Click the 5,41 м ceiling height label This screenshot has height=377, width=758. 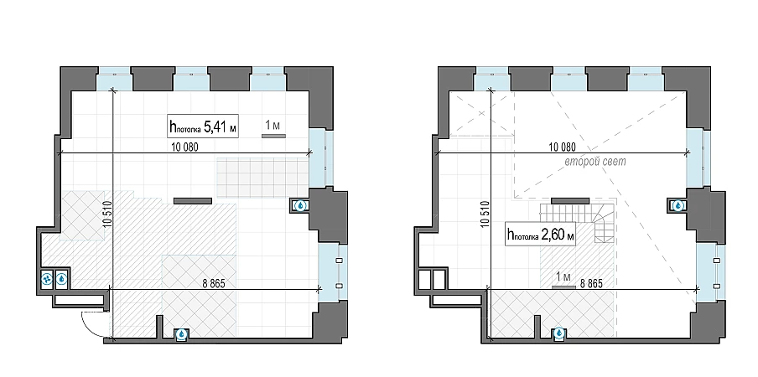coord(203,127)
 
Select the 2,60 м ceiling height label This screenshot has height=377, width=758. coord(541,235)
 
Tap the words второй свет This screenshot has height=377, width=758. coord(595,161)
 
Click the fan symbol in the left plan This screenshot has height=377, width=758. coord(47,278)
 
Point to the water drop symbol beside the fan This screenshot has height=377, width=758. coord(62,278)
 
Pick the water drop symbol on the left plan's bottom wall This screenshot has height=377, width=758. coord(181,333)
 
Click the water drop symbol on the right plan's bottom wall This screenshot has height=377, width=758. coord(558,333)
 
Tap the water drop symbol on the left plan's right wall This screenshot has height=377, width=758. coord(301,206)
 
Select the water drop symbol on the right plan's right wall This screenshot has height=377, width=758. coord(678,206)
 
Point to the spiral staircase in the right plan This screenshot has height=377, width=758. coord(604,223)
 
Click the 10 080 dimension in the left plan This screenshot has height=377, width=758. coord(184,147)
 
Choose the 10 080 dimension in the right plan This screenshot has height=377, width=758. coord(563,147)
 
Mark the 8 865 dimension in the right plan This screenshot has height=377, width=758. coord(591,283)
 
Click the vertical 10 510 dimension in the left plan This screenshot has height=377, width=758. coord(107,214)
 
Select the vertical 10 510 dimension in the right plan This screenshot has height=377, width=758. coord(485,214)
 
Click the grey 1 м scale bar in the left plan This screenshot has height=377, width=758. coord(273,136)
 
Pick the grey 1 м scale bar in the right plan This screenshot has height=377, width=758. coord(563,287)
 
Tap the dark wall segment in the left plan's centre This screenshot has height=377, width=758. coord(192,201)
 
